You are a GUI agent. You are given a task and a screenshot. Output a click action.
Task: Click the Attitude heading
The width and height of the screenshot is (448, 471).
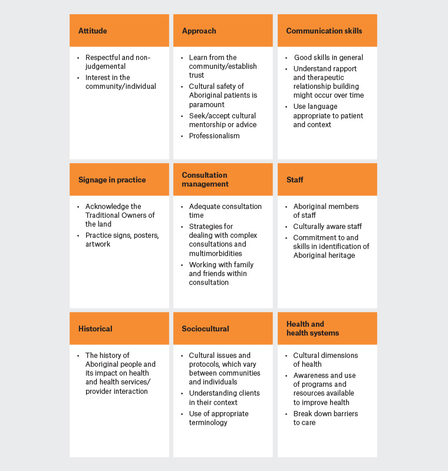93,31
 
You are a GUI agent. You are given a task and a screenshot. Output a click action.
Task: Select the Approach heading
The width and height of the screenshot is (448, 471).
199,31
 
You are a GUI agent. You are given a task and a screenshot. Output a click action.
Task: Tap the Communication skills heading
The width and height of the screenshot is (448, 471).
324,31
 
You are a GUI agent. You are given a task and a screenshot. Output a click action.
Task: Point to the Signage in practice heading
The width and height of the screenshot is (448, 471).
112,180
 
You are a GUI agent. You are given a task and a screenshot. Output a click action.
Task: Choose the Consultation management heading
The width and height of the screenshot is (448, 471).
204,180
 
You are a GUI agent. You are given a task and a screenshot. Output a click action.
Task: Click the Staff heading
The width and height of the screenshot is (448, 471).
295,180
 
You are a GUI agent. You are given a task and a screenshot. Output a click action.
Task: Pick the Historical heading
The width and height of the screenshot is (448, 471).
95,329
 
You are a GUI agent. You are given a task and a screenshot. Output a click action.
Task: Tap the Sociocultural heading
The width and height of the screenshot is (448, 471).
205,329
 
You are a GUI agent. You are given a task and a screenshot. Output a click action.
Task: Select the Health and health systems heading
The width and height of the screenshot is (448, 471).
312,329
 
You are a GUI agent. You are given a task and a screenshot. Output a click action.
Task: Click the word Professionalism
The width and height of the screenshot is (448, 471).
214,136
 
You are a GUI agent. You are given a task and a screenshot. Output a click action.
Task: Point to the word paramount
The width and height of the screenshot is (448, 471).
206,105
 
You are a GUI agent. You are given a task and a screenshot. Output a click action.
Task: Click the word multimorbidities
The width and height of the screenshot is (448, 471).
216,253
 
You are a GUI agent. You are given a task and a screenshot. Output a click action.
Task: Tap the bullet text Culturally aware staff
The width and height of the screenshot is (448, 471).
327,227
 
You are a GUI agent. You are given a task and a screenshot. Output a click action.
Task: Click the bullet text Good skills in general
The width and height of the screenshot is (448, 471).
328,58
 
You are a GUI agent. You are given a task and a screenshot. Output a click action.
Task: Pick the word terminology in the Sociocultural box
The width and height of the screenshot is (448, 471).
208,423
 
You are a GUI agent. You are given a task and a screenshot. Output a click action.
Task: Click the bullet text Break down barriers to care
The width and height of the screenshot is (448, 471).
325,418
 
